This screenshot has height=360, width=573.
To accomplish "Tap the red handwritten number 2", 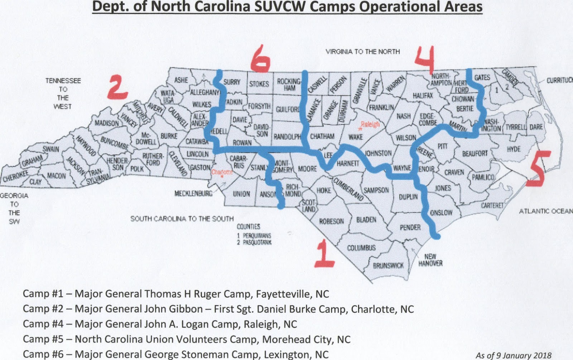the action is [117, 87].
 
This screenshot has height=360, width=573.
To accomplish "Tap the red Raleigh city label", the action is [370, 124].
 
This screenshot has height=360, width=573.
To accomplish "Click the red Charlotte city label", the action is [222, 172].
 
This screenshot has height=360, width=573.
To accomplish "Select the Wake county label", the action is [356, 137].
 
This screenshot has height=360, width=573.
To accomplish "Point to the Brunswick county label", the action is [388, 266].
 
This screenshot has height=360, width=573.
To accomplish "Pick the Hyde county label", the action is [514, 149].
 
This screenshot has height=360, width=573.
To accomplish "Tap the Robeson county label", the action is [331, 221].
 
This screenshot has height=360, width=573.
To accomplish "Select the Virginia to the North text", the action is [362, 52].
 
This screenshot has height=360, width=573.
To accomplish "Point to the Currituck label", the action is [559, 80].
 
